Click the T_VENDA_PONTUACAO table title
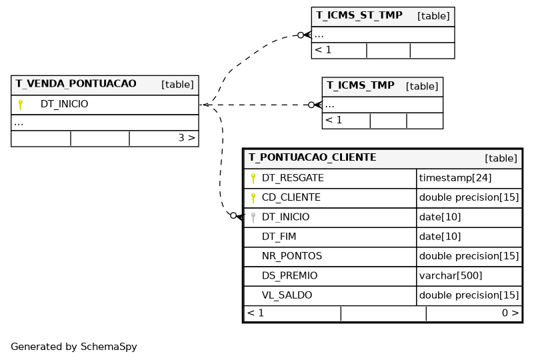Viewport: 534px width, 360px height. [x=76, y=84]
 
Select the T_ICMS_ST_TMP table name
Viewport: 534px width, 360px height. [x=359, y=15]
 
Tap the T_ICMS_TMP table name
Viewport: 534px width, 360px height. [x=361, y=85]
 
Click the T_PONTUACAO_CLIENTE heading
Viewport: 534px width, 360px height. [x=312, y=157]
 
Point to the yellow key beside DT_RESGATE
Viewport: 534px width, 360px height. [x=253, y=179]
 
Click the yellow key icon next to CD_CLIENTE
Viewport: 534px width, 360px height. [x=253, y=198]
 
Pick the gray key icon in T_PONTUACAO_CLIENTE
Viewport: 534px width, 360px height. [x=253, y=217]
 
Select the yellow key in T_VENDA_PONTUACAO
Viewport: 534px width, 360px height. [x=21, y=105]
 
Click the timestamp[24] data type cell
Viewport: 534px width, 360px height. [x=455, y=178]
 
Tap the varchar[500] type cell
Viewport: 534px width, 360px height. [x=451, y=275]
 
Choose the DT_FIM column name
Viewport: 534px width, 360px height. [x=279, y=237]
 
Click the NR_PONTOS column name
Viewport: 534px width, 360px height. [x=292, y=256]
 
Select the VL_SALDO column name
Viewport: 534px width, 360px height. [x=287, y=295]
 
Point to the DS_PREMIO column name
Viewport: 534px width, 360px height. [x=289, y=275]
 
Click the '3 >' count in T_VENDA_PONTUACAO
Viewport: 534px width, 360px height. [x=187, y=137]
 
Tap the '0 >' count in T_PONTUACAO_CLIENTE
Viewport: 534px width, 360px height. [x=510, y=313]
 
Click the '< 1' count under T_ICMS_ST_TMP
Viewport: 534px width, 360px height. [x=323, y=50]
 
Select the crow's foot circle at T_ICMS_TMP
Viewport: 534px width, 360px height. [x=311, y=105]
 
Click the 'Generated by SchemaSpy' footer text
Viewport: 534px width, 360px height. [x=74, y=347]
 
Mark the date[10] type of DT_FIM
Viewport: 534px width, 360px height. [x=440, y=237]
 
